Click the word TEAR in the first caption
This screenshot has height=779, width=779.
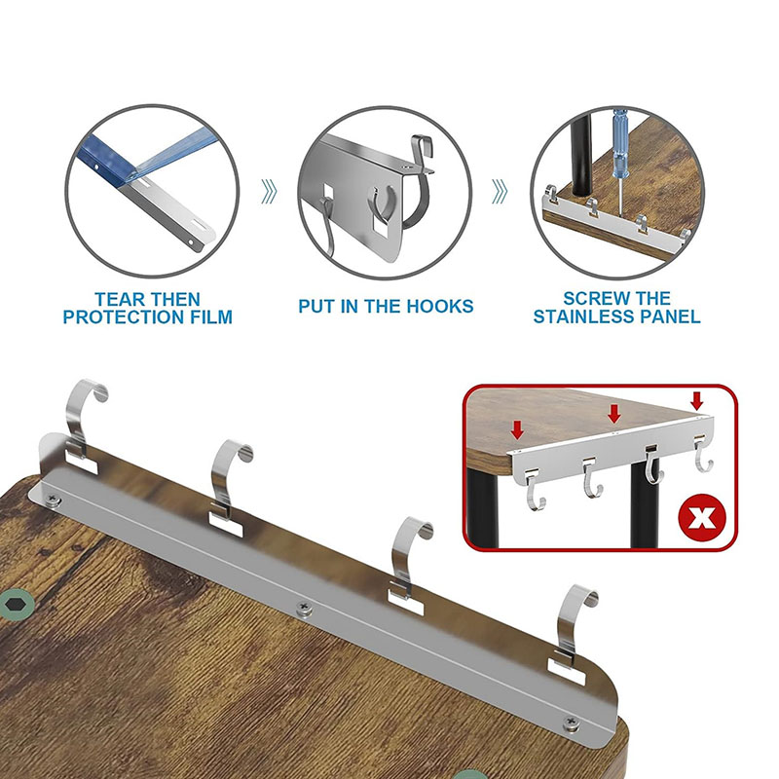pyautogui.click(x=119, y=300)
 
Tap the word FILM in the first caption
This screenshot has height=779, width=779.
pyautogui.click(x=211, y=317)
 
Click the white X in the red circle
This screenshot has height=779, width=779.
pyautogui.click(x=702, y=518)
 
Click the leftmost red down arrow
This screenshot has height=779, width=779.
pyautogui.click(x=517, y=429)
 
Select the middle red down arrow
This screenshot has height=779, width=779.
pyautogui.click(x=614, y=413)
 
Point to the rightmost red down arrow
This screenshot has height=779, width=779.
pyautogui.click(x=697, y=400)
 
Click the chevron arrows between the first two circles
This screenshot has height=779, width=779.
pyautogui.click(x=269, y=191)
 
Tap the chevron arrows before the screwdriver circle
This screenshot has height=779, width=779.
pyautogui.click(x=500, y=191)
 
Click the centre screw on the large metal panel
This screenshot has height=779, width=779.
pyautogui.click(x=304, y=608)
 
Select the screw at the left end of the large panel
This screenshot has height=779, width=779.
pyautogui.click(x=53, y=500)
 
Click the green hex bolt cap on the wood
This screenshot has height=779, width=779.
pyautogui.click(x=17, y=605)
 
